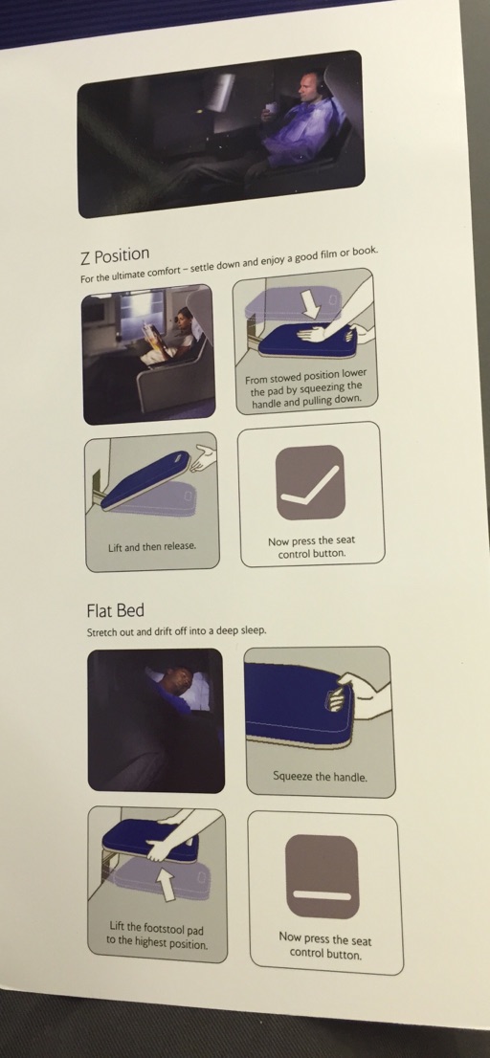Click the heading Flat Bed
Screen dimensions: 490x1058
[x=116, y=610]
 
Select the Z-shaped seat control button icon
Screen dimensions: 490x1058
[x=310, y=482]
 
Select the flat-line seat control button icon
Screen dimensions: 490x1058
[x=322, y=875]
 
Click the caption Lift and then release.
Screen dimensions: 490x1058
[x=152, y=546]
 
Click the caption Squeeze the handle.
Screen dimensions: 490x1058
[x=320, y=777]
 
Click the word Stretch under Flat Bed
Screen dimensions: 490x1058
[x=102, y=633]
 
